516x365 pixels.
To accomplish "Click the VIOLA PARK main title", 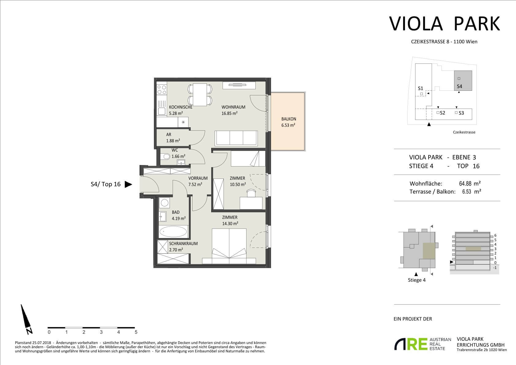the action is [x=445, y=24].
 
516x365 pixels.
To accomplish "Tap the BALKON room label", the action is [x=289, y=119].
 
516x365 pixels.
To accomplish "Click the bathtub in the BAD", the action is [x=173, y=232].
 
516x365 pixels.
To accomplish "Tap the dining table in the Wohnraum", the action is [x=200, y=94].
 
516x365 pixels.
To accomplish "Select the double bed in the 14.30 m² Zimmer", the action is [x=229, y=246].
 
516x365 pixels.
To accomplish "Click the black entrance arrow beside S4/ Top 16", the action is [x=128, y=184].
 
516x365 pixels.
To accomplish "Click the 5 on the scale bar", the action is [x=136, y=332].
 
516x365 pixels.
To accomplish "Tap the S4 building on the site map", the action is [x=463, y=80].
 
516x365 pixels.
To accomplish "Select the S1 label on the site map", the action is [x=420, y=88].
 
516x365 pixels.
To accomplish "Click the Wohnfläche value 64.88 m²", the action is [x=470, y=184].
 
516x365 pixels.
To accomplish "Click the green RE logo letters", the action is [x=417, y=344].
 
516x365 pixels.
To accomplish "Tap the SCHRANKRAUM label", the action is [x=183, y=244].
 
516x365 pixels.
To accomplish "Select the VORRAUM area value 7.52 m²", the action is [x=195, y=184].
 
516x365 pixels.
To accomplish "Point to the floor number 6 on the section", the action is [x=495, y=235].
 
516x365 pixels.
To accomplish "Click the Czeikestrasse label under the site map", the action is [x=464, y=132].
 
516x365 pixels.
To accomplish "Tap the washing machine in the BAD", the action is [x=164, y=203].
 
